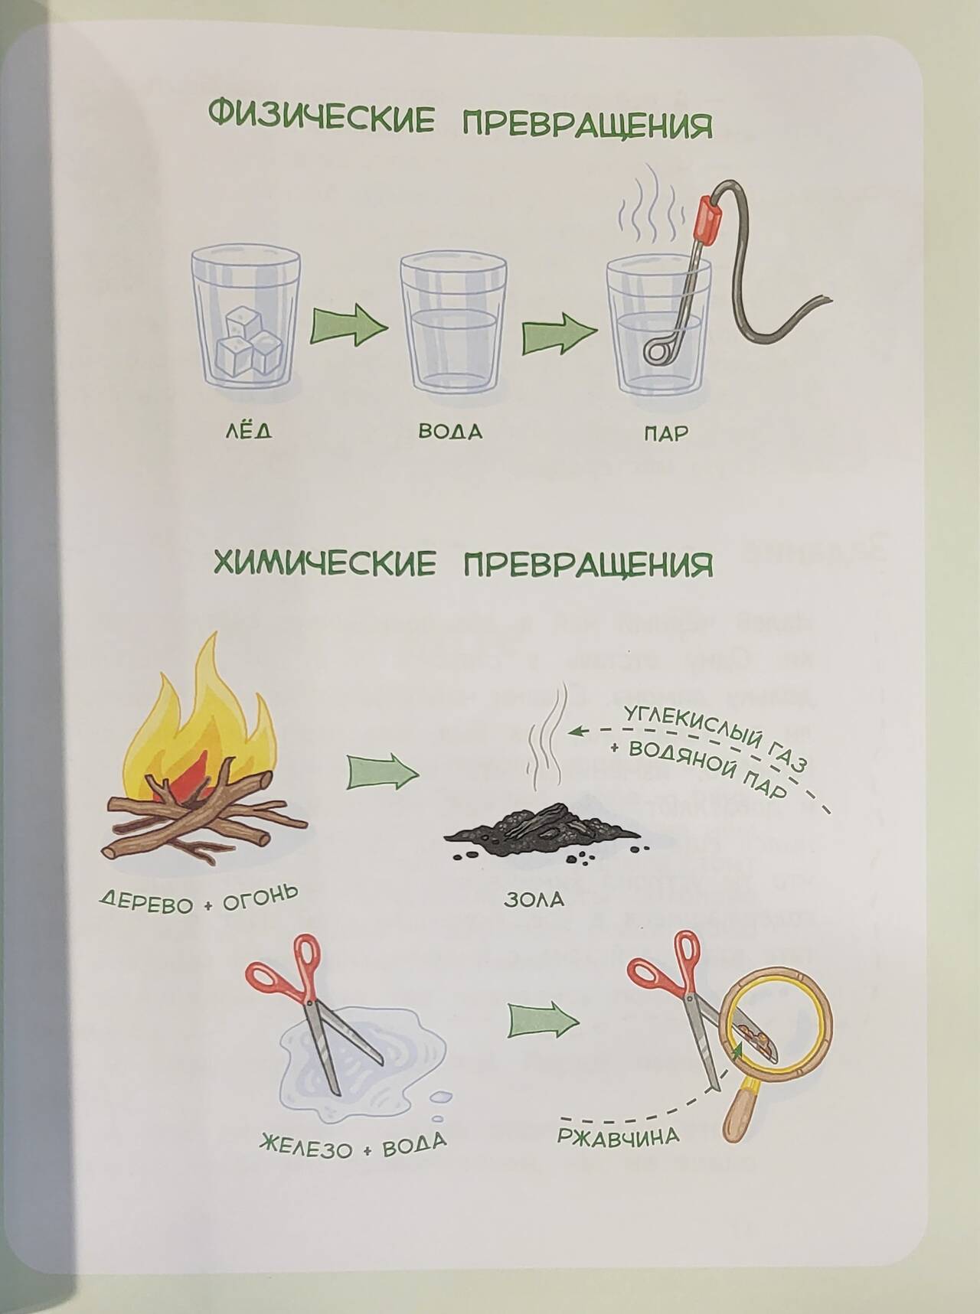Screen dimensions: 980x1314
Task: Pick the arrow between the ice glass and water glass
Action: click(x=349, y=327)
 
